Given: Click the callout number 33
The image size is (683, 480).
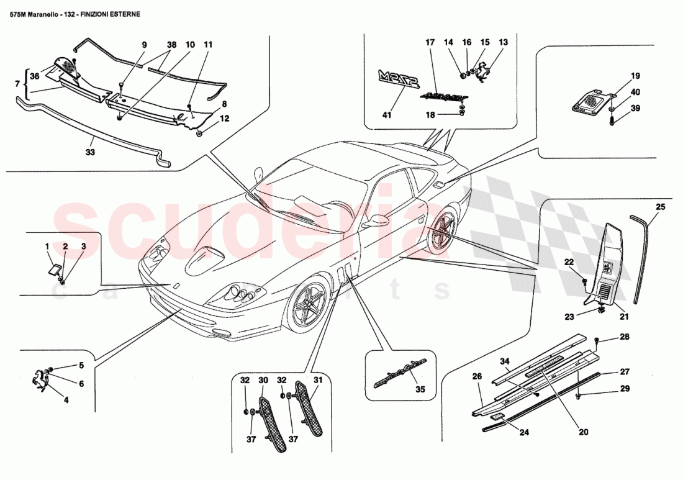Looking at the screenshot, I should [x=90, y=151].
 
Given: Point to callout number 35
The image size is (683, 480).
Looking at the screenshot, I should [x=420, y=391].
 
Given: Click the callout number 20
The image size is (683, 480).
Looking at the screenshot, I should [x=584, y=432].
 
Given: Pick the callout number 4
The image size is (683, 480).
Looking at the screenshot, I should [x=66, y=401].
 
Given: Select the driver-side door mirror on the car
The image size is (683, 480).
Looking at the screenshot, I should [x=376, y=221].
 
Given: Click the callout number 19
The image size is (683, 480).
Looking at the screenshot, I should [x=618, y=76].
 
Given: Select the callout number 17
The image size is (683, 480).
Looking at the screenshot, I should [x=429, y=43].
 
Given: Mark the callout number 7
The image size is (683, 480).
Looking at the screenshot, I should [x=17, y=83].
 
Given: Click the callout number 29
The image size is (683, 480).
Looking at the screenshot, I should [x=624, y=389].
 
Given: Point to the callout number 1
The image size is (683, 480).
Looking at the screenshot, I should [x=47, y=247].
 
